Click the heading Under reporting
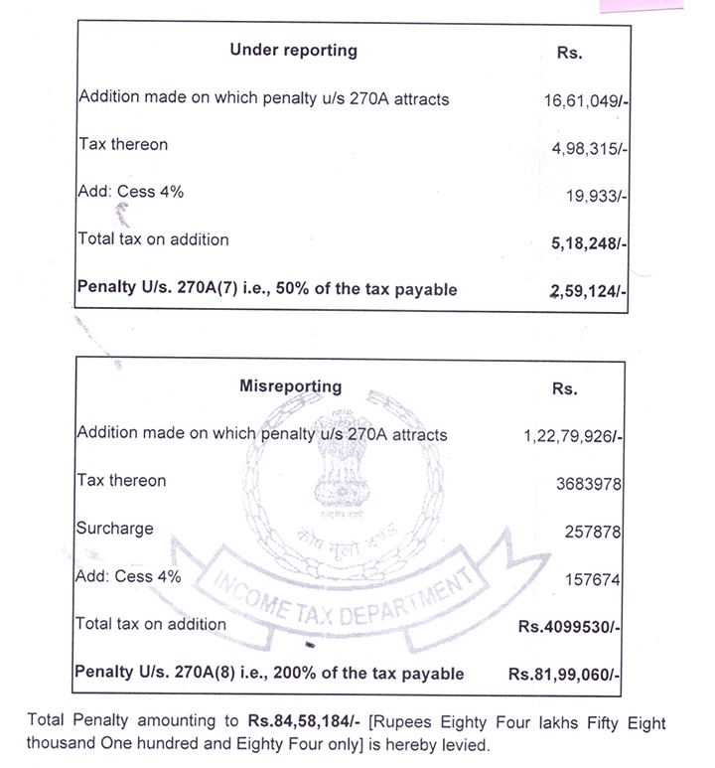click(293, 50)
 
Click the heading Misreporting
click(290, 386)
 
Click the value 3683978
click(593, 483)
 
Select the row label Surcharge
click(115, 529)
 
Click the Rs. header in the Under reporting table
click(570, 53)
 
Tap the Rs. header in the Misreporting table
click(564, 389)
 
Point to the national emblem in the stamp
click(341, 462)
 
